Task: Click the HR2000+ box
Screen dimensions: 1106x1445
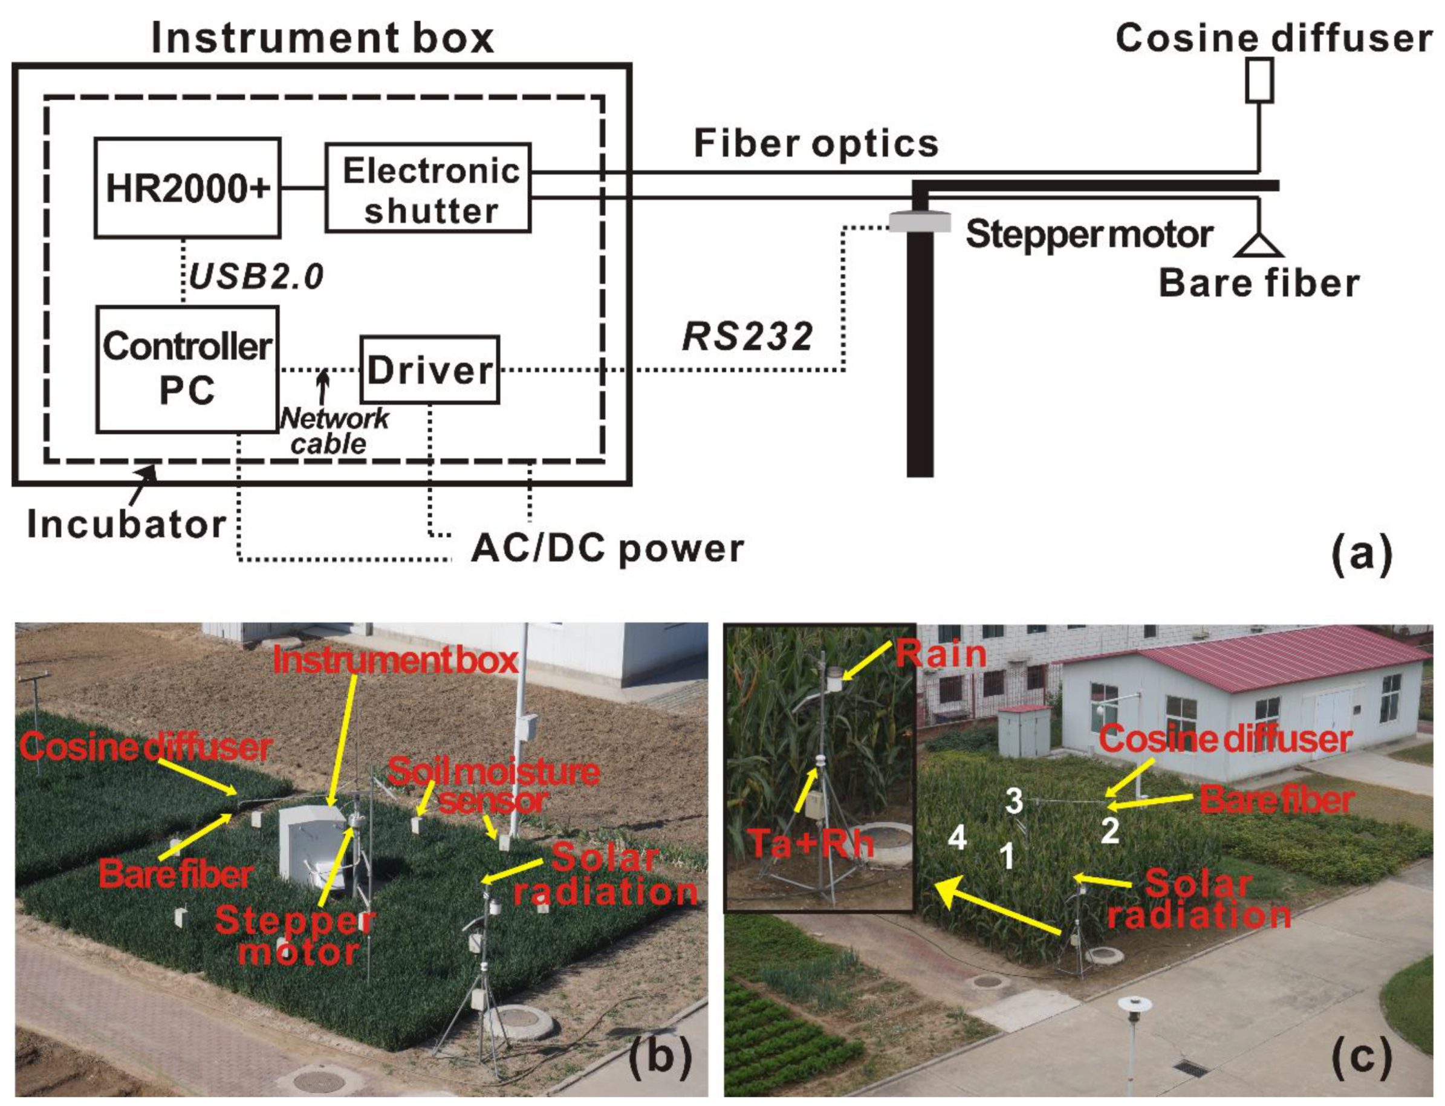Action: tap(187, 187)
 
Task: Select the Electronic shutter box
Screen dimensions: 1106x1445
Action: tap(429, 188)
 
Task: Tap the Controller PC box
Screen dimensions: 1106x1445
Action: tap(187, 369)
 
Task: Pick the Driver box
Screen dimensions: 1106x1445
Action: tap(429, 370)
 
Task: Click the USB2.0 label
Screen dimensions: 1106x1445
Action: tap(256, 276)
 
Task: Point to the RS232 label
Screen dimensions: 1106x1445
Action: tap(747, 337)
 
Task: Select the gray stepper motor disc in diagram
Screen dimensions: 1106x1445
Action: tap(920, 221)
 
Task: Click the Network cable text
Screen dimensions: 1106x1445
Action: tap(333, 431)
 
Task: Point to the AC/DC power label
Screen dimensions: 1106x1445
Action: tap(607, 548)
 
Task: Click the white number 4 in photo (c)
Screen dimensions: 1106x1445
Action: tap(956, 838)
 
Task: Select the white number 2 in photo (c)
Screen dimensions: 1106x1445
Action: tap(1109, 831)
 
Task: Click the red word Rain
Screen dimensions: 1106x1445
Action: tap(941, 654)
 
